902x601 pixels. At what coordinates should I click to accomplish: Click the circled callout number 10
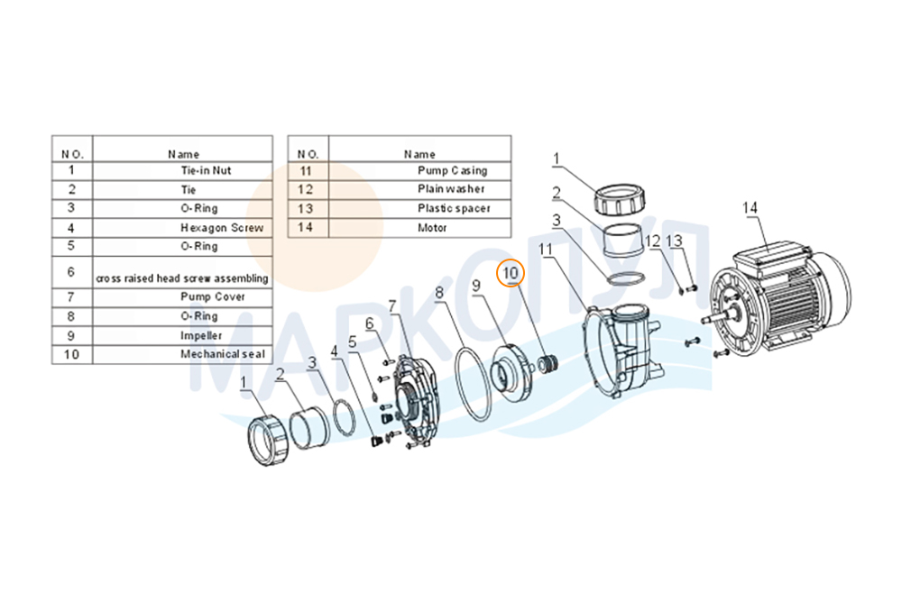click(x=511, y=273)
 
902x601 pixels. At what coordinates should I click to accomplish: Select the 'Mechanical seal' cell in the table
click(x=223, y=354)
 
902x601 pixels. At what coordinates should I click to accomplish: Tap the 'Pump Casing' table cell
click(x=452, y=170)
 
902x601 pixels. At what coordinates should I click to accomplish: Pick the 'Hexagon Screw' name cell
click(x=222, y=228)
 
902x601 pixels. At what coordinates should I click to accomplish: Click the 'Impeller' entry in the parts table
click(x=201, y=335)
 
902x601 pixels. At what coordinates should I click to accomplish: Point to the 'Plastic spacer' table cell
click(x=454, y=208)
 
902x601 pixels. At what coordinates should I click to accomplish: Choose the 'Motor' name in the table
click(x=432, y=228)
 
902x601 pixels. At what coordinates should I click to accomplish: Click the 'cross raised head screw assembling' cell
click(x=182, y=278)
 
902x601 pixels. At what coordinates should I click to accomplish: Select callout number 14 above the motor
click(x=750, y=208)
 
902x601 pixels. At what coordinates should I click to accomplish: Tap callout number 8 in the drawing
click(x=439, y=293)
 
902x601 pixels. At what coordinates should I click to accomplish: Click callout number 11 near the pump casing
click(x=546, y=250)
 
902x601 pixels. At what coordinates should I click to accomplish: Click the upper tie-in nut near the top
click(x=619, y=199)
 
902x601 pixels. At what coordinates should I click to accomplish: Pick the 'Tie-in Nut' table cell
click(x=206, y=170)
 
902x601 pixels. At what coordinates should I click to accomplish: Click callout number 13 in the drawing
click(x=674, y=241)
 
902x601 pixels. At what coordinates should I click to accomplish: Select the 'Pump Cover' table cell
click(x=212, y=297)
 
